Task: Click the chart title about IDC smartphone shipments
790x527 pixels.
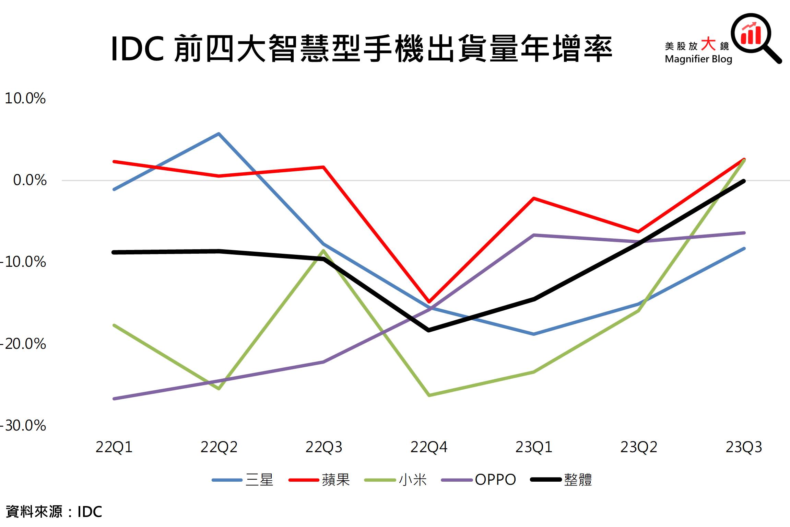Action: click(x=362, y=49)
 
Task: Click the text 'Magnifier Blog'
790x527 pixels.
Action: click(x=698, y=59)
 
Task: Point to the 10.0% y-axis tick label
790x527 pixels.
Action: click(x=25, y=99)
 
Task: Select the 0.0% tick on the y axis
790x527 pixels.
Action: click(x=30, y=180)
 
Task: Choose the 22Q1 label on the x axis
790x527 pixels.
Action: click(x=114, y=447)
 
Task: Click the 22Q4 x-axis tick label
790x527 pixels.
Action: click(x=429, y=447)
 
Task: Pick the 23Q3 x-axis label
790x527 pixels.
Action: click(x=744, y=447)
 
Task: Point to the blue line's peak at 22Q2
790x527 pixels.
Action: click(x=219, y=134)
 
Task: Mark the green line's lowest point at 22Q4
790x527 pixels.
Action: click(x=429, y=395)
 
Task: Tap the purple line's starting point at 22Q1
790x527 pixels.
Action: click(x=114, y=399)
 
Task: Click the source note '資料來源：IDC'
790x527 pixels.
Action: click(x=54, y=512)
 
